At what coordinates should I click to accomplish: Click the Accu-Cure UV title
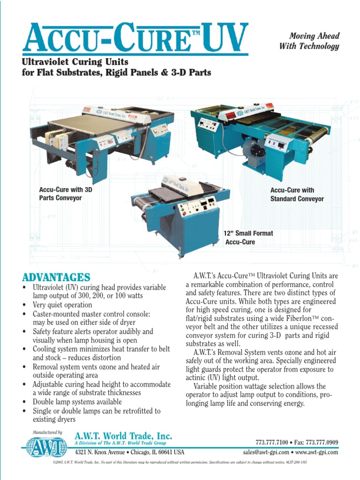(x=135, y=38)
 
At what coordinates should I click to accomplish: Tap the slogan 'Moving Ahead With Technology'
(x=309, y=41)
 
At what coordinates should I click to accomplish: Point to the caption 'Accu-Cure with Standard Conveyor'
(x=297, y=195)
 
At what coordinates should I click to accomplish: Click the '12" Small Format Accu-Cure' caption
(x=248, y=237)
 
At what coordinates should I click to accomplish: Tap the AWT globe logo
(x=46, y=447)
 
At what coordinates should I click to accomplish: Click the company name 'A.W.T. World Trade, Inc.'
(x=123, y=436)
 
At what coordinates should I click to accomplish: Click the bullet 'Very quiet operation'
(x=62, y=305)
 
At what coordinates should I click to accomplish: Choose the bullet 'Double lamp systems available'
(x=77, y=402)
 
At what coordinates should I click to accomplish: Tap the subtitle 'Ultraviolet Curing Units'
(x=75, y=62)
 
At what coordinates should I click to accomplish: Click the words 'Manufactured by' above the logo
(x=47, y=432)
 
